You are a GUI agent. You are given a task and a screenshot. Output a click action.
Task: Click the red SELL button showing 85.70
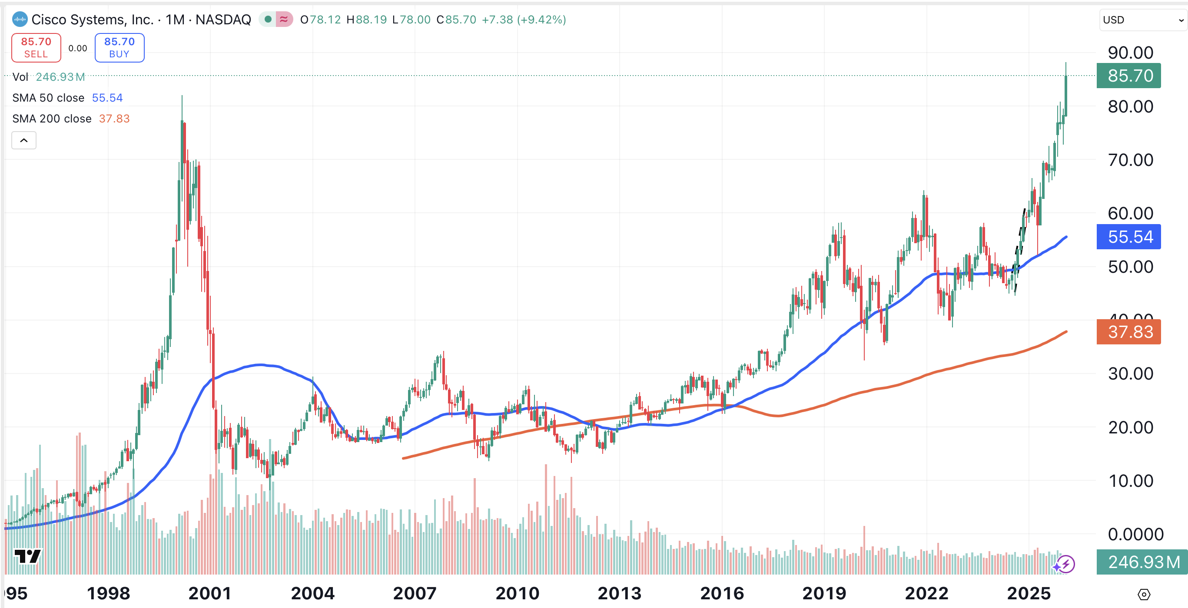tap(36, 47)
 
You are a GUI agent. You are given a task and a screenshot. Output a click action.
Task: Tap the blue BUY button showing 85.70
tap(119, 47)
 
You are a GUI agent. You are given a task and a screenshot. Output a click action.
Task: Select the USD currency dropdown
tap(1142, 20)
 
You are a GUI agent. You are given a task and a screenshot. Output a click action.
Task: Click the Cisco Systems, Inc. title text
tap(92, 20)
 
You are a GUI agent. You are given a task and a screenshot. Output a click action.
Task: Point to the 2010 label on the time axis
tap(517, 593)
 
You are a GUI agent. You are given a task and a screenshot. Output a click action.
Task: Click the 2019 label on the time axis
tap(824, 593)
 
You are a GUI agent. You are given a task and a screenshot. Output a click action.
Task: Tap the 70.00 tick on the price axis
tap(1130, 160)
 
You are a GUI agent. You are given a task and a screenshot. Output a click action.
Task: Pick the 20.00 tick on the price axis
tap(1130, 427)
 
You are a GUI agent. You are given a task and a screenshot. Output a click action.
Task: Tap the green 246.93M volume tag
tap(1142, 562)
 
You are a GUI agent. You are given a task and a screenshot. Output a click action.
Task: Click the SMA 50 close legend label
tap(48, 98)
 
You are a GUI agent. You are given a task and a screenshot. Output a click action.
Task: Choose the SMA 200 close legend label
tap(52, 119)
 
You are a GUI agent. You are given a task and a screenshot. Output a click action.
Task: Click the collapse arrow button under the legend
tap(24, 140)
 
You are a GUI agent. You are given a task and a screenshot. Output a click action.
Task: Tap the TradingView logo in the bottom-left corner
tap(27, 556)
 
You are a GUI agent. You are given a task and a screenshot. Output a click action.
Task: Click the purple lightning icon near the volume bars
tap(1066, 564)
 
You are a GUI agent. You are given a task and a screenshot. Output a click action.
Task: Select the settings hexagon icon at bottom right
tap(1144, 594)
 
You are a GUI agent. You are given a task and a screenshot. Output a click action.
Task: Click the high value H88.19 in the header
tap(367, 20)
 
